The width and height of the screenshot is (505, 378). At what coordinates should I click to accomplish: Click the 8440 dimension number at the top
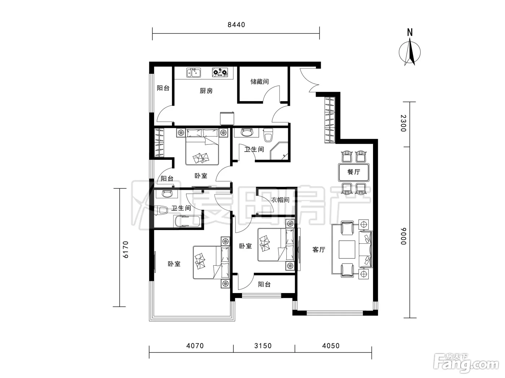pyautogui.click(x=236, y=25)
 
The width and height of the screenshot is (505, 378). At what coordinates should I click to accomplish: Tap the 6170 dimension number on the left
pyautogui.click(x=126, y=249)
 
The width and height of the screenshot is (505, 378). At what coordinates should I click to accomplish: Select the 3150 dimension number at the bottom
pyautogui.click(x=263, y=346)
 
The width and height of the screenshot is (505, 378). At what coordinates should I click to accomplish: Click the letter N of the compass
pyautogui.click(x=410, y=32)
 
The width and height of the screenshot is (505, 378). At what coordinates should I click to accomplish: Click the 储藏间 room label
pyautogui.click(x=259, y=81)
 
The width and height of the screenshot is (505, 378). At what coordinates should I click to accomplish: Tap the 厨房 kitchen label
pyautogui.click(x=206, y=91)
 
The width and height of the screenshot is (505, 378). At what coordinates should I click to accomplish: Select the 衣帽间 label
pyautogui.click(x=280, y=200)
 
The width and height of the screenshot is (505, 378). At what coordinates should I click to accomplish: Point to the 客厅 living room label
pyautogui.click(x=319, y=249)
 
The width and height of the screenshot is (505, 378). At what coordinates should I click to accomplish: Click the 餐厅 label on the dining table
pyautogui.click(x=353, y=172)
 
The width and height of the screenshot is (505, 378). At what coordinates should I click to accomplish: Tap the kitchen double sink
pyautogui.click(x=193, y=72)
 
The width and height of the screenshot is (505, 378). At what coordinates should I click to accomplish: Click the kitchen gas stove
pyautogui.click(x=220, y=72)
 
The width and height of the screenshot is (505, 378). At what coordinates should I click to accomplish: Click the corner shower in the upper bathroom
pyautogui.click(x=279, y=151)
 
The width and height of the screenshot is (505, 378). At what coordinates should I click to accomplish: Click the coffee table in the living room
pyautogui.click(x=347, y=249)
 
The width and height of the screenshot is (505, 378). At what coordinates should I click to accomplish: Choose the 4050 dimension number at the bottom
pyautogui.click(x=331, y=346)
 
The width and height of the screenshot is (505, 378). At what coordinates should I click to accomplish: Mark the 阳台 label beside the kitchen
pyautogui.click(x=163, y=88)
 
